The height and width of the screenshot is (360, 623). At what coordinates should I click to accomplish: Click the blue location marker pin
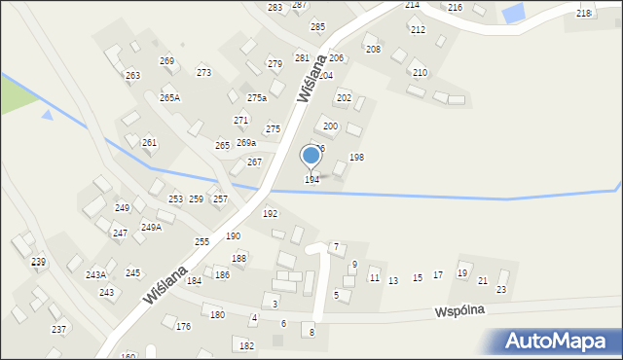[311, 156]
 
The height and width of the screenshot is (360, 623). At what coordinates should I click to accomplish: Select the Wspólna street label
[459, 309]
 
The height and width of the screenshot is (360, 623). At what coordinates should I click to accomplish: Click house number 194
[311, 180]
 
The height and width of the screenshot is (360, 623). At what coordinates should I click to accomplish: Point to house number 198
[356, 158]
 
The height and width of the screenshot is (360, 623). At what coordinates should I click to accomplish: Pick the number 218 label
[583, 13]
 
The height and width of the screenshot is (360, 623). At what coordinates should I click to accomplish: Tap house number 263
[132, 76]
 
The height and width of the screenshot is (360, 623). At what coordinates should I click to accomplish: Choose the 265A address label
[169, 98]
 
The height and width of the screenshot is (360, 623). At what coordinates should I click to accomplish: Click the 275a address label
[257, 98]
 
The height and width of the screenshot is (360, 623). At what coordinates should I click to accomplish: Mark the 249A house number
[151, 228]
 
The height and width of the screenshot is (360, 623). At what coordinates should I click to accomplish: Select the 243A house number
[95, 275]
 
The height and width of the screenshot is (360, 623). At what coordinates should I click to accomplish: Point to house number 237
[58, 330]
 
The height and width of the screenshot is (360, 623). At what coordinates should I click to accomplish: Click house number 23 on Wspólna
[501, 290]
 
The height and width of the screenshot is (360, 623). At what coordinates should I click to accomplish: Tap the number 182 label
[246, 346]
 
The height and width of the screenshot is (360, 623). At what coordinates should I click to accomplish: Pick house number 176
[183, 327]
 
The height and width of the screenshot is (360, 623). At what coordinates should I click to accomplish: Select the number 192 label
[270, 214]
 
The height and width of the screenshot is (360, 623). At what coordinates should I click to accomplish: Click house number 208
[373, 49]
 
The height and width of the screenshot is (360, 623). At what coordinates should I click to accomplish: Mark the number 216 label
[455, 8]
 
